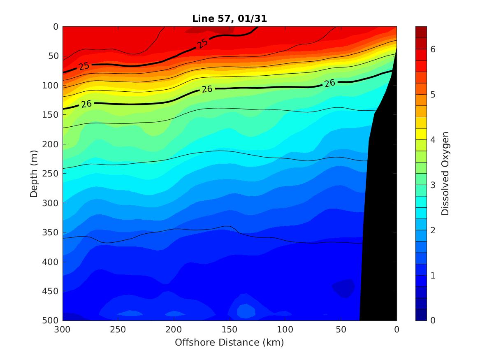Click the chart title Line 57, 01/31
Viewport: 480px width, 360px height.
pos(229,19)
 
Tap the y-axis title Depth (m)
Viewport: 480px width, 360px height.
pos(34,173)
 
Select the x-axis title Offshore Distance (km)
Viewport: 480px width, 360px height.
pos(229,342)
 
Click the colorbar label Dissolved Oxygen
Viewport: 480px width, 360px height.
pos(445,173)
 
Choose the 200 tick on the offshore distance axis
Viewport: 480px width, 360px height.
pos(174,330)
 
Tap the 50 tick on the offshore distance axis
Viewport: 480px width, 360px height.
pos(341,330)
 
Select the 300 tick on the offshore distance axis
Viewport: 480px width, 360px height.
pos(63,330)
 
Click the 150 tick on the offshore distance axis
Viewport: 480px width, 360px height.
pos(229,330)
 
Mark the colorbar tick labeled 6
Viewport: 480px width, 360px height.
pos(433,49)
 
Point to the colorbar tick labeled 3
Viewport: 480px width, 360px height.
pos(433,185)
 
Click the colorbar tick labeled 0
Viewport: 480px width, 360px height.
pos(433,320)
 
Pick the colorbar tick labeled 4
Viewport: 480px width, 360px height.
pos(433,139)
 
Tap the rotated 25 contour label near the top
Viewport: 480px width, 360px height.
pos(202,43)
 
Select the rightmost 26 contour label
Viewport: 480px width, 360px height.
pos(329,83)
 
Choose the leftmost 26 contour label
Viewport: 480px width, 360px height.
pos(86,104)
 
